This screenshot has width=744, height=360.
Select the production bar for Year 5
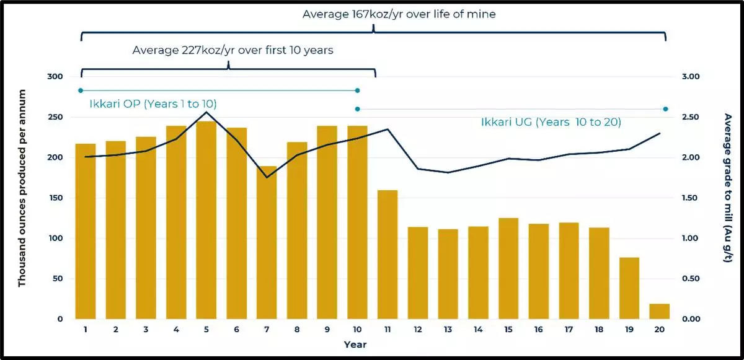[206, 220]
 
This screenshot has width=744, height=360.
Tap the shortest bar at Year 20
[660, 311]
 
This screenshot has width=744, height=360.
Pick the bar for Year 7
[267, 242]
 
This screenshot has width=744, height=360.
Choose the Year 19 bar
[629, 288]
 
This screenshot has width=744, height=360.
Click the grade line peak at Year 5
[206, 112]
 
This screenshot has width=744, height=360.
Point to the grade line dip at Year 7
[267, 177]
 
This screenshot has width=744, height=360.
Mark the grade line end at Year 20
[660, 133]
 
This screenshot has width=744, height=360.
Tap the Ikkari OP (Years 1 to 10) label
[153, 103]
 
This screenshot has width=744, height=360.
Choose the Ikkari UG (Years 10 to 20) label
[551, 122]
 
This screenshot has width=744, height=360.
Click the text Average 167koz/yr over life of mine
[399, 14]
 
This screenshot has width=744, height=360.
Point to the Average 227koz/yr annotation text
[232, 50]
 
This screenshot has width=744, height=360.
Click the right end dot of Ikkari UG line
[665, 109]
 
